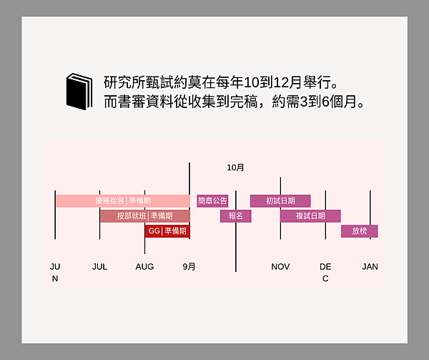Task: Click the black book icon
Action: point(79,92)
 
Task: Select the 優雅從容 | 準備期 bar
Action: point(123,201)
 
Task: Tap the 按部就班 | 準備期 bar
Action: point(144,216)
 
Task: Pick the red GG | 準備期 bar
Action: point(167,231)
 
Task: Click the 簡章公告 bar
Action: point(212,201)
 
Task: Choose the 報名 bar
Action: point(236,216)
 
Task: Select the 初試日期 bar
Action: point(280,201)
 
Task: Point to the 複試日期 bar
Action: point(310,216)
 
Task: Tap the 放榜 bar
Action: point(359,231)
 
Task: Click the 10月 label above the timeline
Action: point(235,167)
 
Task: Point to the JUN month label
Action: point(55,273)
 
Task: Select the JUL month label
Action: point(99,267)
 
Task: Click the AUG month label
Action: point(144,267)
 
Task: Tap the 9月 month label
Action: point(189,267)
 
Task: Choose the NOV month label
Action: point(280,267)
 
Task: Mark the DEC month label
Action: point(325,273)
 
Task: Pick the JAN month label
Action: point(370,267)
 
